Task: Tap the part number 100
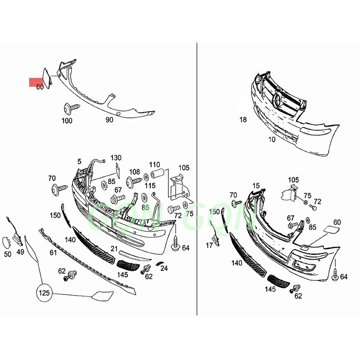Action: [x=67, y=120]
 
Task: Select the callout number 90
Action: [x=109, y=120]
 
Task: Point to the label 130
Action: [x=116, y=157]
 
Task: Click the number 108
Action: [x=135, y=171]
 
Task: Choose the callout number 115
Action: [x=150, y=186]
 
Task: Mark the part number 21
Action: [x=114, y=249]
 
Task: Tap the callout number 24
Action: [x=164, y=269]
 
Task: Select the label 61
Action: [x=53, y=252]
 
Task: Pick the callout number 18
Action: [x=243, y=120]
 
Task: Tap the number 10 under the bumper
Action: [x=272, y=139]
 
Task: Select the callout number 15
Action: [x=256, y=185]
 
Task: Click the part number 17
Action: [x=209, y=245]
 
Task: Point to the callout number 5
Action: [x=79, y=161]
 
